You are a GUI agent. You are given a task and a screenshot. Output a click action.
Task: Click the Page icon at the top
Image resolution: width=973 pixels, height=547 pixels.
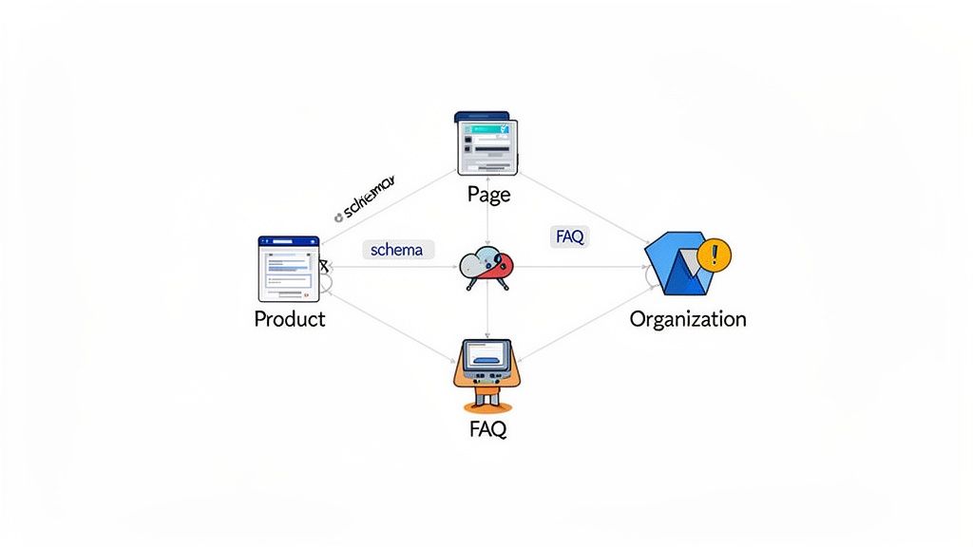pyautogui.click(x=488, y=143)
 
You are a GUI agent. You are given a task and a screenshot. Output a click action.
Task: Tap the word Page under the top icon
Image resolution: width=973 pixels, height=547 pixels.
pyautogui.click(x=488, y=195)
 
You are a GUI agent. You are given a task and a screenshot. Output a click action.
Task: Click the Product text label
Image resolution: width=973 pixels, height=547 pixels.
pyautogui.click(x=289, y=319)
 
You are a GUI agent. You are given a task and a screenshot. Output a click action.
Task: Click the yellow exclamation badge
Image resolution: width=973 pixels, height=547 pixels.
pyautogui.click(x=714, y=255)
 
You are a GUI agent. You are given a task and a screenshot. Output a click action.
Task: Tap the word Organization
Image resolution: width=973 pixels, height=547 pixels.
pyautogui.click(x=688, y=319)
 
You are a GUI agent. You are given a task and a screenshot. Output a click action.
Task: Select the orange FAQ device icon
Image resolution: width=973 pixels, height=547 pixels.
pyautogui.click(x=486, y=368)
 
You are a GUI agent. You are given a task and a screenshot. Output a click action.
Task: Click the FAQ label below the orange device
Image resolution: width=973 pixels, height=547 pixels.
pyautogui.click(x=487, y=429)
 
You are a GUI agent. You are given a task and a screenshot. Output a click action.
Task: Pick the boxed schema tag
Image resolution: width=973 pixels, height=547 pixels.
pyautogui.click(x=398, y=250)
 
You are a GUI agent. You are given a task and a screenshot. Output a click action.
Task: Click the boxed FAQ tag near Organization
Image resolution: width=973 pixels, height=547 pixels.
pyautogui.click(x=568, y=237)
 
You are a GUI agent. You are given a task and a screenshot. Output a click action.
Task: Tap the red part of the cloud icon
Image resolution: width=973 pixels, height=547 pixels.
pyautogui.click(x=501, y=265)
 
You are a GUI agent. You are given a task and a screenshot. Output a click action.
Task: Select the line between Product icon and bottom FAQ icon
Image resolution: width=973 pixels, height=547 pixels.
pyautogui.click(x=390, y=328)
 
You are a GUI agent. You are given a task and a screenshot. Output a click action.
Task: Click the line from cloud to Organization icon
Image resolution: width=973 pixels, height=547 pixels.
pyautogui.click(x=580, y=267)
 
